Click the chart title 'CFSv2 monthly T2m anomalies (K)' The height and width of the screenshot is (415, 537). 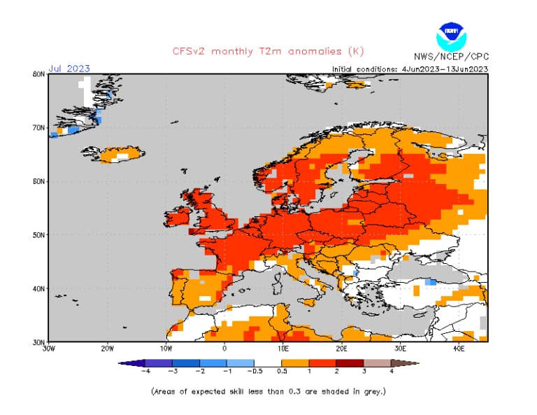(268, 51)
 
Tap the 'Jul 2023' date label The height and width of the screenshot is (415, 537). (69, 69)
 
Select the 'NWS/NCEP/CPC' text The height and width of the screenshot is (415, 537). (451, 56)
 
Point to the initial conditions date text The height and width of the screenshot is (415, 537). (410, 69)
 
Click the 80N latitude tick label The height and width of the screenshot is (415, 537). (38, 74)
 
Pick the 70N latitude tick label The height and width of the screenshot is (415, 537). (38, 128)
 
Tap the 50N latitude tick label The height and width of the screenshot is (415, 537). (38, 235)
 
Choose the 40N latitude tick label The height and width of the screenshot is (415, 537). (38, 288)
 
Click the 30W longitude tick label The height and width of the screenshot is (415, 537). (48, 348)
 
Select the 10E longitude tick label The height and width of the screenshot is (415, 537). (283, 348)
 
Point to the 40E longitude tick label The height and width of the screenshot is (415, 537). (459, 348)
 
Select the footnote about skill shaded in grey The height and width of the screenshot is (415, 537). (268, 391)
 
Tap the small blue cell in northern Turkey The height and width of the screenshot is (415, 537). (431, 281)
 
